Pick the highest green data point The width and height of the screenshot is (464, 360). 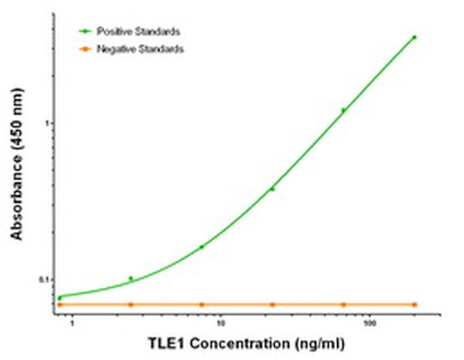tap(414, 37)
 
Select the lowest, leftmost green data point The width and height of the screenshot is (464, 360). tap(60, 297)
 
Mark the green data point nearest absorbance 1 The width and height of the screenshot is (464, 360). tap(343, 110)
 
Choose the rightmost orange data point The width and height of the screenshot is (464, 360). tap(414, 304)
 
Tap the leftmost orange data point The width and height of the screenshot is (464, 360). tap(60, 304)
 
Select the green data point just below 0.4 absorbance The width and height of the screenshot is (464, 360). tap(272, 189)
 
